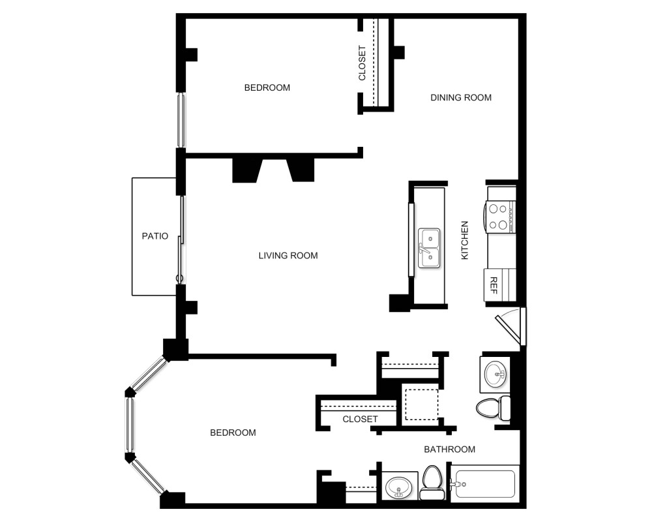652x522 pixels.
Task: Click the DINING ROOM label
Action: (460, 98)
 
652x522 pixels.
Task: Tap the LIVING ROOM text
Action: (288, 256)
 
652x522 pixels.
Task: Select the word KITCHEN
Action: (465, 241)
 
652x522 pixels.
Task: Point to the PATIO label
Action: (155, 236)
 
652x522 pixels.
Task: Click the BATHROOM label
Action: (449, 450)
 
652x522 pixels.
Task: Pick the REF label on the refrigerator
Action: (493, 285)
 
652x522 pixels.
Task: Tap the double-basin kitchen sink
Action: (429, 248)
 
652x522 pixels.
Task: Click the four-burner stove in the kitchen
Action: (499, 217)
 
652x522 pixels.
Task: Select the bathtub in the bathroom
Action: (486, 484)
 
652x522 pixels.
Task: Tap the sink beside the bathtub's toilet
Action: (398, 487)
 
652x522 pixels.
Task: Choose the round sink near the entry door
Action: (497, 374)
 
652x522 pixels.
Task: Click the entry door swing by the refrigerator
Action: (512, 326)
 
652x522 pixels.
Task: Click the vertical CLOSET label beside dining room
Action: (363, 63)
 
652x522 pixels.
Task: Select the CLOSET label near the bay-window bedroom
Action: (360, 419)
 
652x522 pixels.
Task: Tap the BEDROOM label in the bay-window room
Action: (233, 433)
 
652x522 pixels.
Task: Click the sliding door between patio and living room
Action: (182, 238)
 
